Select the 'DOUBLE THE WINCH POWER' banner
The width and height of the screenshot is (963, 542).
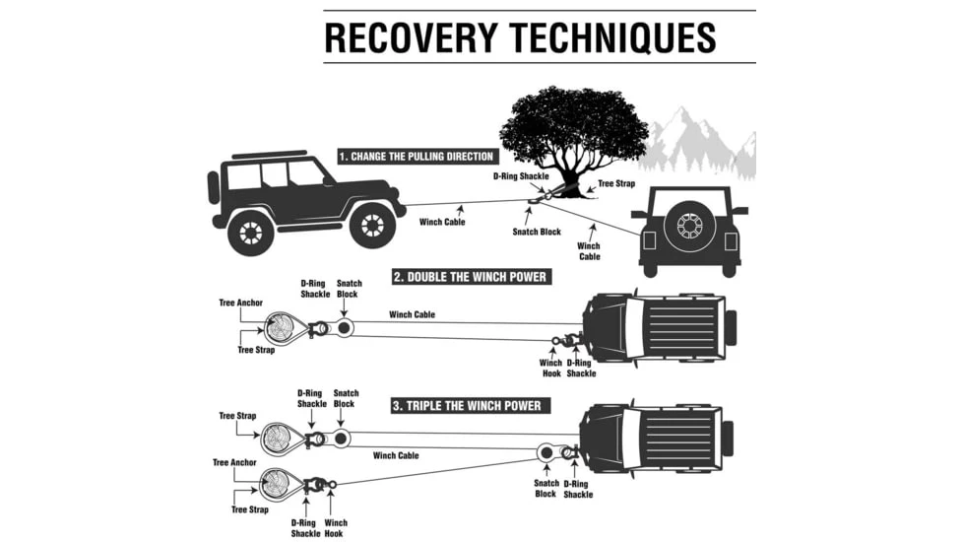pyautogui.click(x=470, y=277)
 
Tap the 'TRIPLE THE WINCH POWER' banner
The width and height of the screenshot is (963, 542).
pyautogui.click(x=467, y=405)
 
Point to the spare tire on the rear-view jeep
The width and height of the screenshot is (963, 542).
pyautogui.click(x=688, y=226)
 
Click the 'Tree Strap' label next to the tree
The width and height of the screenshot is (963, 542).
pyautogui.click(x=616, y=184)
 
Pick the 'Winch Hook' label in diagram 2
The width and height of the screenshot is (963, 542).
pyautogui.click(x=551, y=368)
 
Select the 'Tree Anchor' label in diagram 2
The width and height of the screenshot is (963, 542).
pyautogui.click(x=240, y=303)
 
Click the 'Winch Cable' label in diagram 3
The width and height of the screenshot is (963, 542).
pyautogui.click(x=396, y=455)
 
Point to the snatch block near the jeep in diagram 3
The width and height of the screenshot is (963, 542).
pyautogui.click(x=545, y=452)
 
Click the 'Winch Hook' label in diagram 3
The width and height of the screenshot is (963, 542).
pyautogui.click(x=336, y=528)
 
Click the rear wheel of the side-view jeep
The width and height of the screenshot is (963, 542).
pyautogui.click(x=250, y=232)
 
